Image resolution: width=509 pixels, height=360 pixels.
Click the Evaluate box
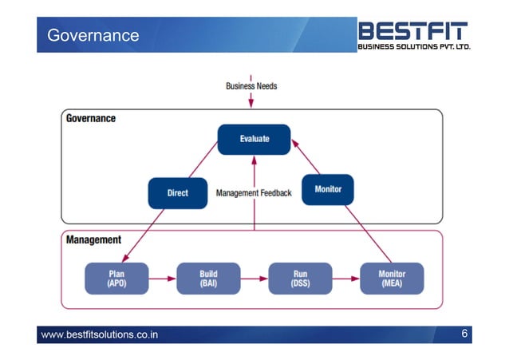point(254,139)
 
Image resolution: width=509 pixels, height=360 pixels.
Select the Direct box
point(177,193)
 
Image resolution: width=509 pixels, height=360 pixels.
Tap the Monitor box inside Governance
point(328,189)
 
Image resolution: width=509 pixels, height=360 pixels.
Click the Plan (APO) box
point(116,279)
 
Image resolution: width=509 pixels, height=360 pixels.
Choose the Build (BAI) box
point(208,279)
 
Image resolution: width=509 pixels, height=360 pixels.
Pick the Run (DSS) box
point(299,279)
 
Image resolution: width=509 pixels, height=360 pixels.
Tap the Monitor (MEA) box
point(391,279)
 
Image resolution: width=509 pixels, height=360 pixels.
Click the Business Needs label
point(251,85)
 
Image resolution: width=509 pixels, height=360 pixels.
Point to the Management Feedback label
point(254,193)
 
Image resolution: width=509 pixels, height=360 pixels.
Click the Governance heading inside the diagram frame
point(90,119)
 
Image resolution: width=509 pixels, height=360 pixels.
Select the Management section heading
point(93,239)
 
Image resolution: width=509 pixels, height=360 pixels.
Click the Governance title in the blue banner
point(93,35)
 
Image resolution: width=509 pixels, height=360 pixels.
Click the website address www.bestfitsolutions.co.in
point(99,334)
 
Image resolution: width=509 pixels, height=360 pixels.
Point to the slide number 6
point(464,333)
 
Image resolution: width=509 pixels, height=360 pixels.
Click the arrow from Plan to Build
point(162,279)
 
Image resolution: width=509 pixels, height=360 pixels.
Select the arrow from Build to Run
point(254,279)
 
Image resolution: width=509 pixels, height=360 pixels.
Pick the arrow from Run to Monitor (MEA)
point(345,279)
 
